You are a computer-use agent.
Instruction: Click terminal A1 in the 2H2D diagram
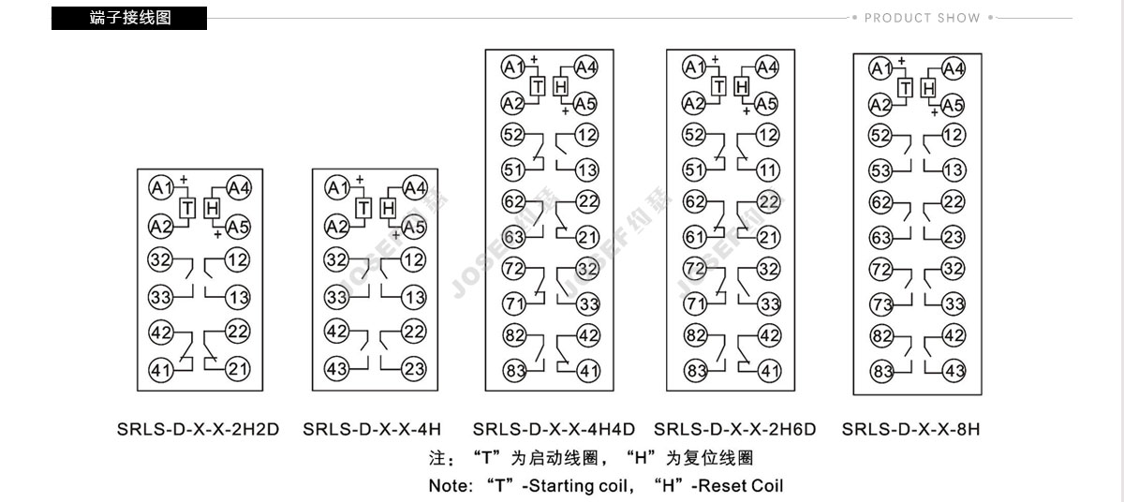click(x=161, y=188)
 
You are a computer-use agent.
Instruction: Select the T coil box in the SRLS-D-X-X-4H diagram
click(x=363, y=208)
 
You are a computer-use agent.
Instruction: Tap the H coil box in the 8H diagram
click(x=928, y=88)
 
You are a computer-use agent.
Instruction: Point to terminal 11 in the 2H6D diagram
click(x=768, y=170)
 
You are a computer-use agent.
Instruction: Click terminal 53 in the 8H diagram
click(x=880, y=170)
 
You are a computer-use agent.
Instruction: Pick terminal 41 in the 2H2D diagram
click(x=161, y=371)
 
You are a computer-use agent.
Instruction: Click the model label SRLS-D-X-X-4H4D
click(x=554, y=429)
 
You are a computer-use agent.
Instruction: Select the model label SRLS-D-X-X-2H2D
click(x=198, y=429)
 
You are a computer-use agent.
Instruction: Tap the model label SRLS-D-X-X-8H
click(x=910, y=429)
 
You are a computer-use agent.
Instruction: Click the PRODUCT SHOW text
click(x=923, y=18)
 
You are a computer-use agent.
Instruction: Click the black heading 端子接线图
click(x=129, y=18)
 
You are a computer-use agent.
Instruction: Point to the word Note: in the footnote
click(x=451, y=486)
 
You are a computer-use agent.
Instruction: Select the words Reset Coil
click(x=741, y=486)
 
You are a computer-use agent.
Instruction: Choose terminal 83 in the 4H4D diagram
click(x=515, y=371)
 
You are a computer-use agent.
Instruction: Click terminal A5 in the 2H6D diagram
click(x=766, y=104)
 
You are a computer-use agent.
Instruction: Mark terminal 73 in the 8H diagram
click(x=881, y=303)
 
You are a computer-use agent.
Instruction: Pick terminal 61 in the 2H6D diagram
click(x=695, y=237)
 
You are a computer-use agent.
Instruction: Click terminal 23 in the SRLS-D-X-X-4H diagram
click(x=414, y=369)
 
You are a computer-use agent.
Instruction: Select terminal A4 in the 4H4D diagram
click(x=585, y=67)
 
